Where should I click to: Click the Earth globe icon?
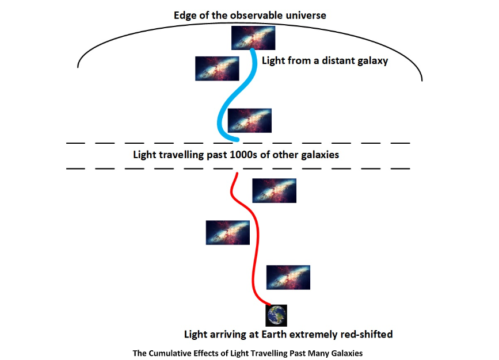point(276,316)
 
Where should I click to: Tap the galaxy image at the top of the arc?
point(253,38)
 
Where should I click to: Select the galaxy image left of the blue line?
point(217,68)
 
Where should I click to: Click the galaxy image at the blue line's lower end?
point(249,120)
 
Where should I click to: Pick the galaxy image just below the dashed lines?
point(274,190)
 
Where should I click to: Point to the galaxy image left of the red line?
point(227,232)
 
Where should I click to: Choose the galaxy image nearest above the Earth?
point(288,277)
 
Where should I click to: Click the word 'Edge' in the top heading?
point(185,16)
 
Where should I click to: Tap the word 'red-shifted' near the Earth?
point(364,334)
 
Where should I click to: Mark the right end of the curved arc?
point(422,81)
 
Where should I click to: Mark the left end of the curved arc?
point(78,67)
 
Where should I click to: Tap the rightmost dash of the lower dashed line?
point(400,168)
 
